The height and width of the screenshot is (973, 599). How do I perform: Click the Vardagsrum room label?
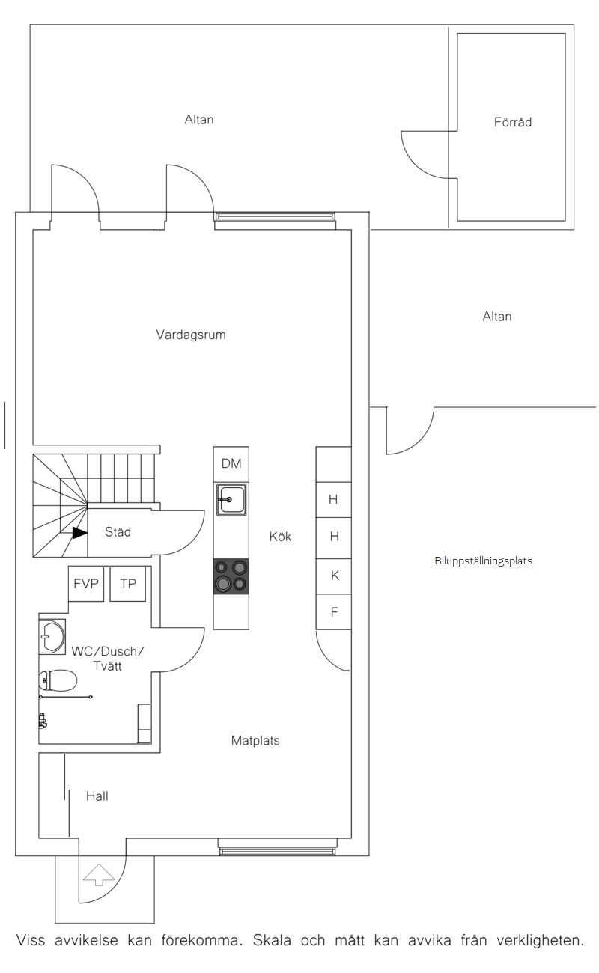coord(191,335)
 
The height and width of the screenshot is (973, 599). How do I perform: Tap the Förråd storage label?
coord(512,121)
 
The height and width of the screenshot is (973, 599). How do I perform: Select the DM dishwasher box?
coord(231,464)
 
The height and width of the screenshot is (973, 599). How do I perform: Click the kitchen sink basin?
coord(231,499)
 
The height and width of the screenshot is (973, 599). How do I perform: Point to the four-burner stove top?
coord(231,576)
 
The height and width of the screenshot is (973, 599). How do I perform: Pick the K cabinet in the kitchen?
coord(334,576)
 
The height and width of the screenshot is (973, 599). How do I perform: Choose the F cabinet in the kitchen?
coord(334,612)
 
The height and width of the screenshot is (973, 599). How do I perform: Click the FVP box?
coord(86,584)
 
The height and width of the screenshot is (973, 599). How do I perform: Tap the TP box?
coord(128,584)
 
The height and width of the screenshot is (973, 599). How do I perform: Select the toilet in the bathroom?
coord(58,680)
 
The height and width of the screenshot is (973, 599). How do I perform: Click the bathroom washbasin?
coord(52,636)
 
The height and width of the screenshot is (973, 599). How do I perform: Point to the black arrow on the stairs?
coord(79,533)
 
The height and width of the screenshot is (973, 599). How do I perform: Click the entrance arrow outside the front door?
coord(99,875)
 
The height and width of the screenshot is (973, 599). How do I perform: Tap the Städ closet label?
coord(118,532)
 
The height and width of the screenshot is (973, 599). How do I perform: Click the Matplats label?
coord(255,741)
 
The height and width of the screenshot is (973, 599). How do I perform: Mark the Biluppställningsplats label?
coord(484,561)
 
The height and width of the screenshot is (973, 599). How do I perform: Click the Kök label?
coord(280,537)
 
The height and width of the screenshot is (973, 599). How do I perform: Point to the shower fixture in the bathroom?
coord(42,721)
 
